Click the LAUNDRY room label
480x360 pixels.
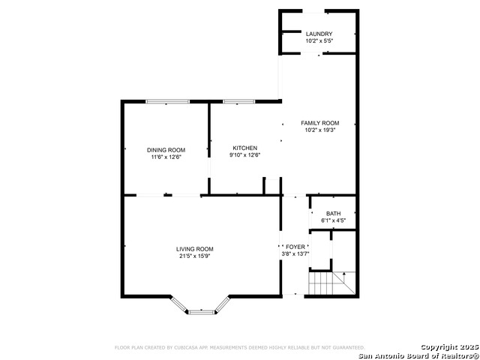pyautogui.click(x=319, y=34)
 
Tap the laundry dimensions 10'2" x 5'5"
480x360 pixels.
pyautogui.click(x=319, y=40)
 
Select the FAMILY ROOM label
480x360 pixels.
pyautogui.click(x=320, y=123)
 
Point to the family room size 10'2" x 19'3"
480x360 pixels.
pyautogui.click(x=320, y=130)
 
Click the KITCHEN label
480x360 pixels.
pyautogui.click(x=245, y=148)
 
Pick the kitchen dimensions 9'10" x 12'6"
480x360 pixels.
pyautogui.click(x=245, y=155)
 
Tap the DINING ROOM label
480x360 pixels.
pyautogui.click(x=166, y=150)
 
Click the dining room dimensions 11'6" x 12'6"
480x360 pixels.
pyautogui.click(x=166, y=157)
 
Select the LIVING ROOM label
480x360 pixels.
pyautogui.click(x=195, y=249)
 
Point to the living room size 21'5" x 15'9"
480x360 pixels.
pyautogui.click(x=195, y=256)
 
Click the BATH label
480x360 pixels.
pyautogui.click(x=333, y=214)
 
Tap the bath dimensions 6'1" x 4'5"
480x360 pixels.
pyautogui.click(x=333, y=220)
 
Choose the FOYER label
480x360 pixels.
pyautogui.click(x=295, y=247)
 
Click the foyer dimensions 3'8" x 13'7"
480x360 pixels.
pyautogui.click(x=295, y=253)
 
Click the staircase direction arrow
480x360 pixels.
pyautogui.click(x=344, y=277)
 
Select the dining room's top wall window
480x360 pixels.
pyautogui.click(x=167, y=102)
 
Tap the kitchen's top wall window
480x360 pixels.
pyautogui.click(x=238, y=102)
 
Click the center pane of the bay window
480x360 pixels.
pyautogui.click(x=202, y=312)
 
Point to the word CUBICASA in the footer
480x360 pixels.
pyautogui.click(x=185, y=348)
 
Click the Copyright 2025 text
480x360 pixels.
pyautogui.click(x=449, y=347)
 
